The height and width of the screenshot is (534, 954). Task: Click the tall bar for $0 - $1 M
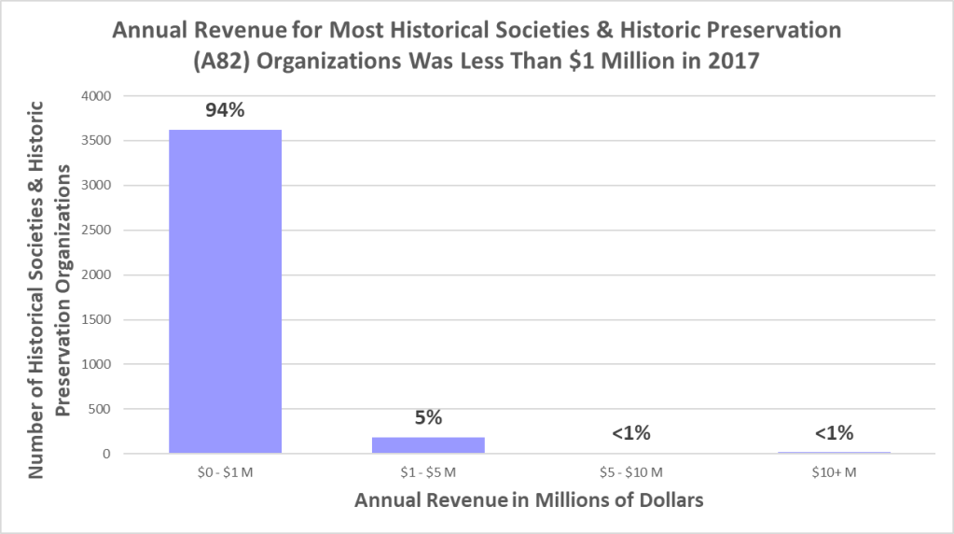tap(225, 291)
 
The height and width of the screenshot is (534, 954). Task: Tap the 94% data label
tap(225, 111)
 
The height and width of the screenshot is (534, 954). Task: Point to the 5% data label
tap(428, 417)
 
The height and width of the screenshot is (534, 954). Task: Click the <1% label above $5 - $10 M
tap(630, 433)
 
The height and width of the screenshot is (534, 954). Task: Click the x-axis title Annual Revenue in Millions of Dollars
tap(528, 500)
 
